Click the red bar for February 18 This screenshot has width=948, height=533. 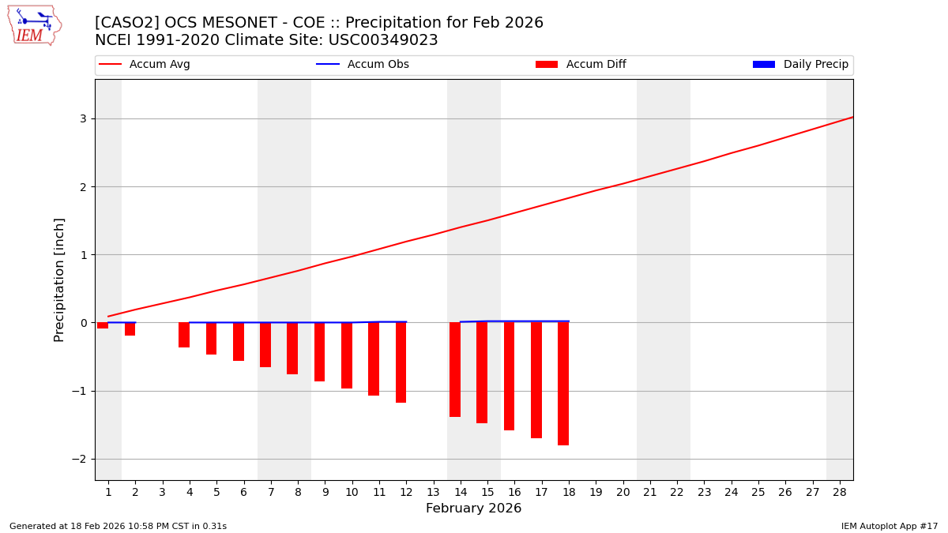pos(563,384)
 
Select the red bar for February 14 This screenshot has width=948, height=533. pos(455,370)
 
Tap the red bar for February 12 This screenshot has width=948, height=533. pos(401,362)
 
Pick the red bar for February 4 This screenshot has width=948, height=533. pos(184,335)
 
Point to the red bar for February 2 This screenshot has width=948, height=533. pos(130,328)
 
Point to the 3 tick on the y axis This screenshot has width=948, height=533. pos(82,118)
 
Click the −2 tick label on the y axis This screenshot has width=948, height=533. pos(79,459)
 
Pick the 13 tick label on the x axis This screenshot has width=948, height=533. pos(433,492)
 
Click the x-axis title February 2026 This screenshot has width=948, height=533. pos(473,509)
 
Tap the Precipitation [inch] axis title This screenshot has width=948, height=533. pos(59,280)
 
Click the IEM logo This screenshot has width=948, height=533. pos(34,25)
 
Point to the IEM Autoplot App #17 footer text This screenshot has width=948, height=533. pos(890,526)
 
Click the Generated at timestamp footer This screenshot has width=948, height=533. pos(118,526)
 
